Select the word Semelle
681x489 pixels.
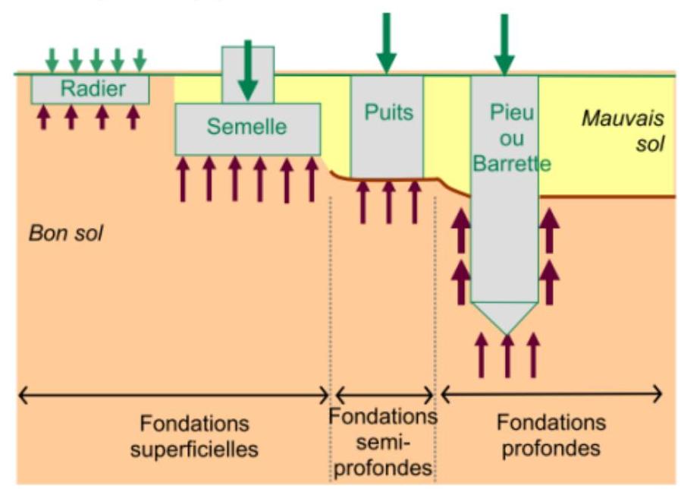point(247,127)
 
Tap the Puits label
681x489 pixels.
point(388,112)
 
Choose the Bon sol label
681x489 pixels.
point(66,232)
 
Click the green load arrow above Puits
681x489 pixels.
point(387,43)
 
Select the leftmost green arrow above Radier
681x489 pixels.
point(51,58)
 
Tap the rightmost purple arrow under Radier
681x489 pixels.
point(133,116)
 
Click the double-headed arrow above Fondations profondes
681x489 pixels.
point(551,394)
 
